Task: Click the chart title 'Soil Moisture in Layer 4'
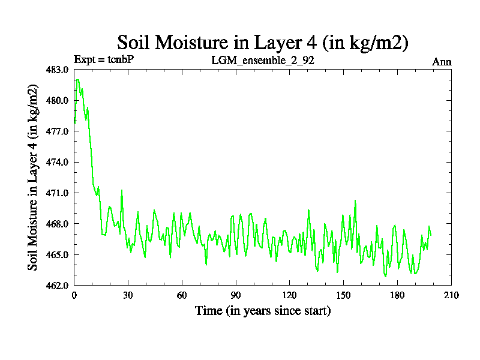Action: [263, 43]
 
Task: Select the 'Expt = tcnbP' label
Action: [103, 60]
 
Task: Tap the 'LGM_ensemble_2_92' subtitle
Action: [263, 61]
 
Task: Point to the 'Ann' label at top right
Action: [442, 61]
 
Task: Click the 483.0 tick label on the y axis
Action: [59, 70]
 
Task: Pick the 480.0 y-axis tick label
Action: [59, 101]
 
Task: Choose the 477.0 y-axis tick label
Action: [59, 131]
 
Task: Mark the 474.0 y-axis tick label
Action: [59, 163]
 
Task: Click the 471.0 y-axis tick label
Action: [59, 193]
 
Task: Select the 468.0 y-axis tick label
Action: [59, 224]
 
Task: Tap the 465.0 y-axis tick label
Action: [59, 255]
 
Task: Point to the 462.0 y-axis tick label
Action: [59, 286]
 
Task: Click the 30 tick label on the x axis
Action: [128, 296]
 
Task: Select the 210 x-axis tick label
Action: [451, 296]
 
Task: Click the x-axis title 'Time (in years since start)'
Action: [263, 311]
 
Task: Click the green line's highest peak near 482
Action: [77, 79]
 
